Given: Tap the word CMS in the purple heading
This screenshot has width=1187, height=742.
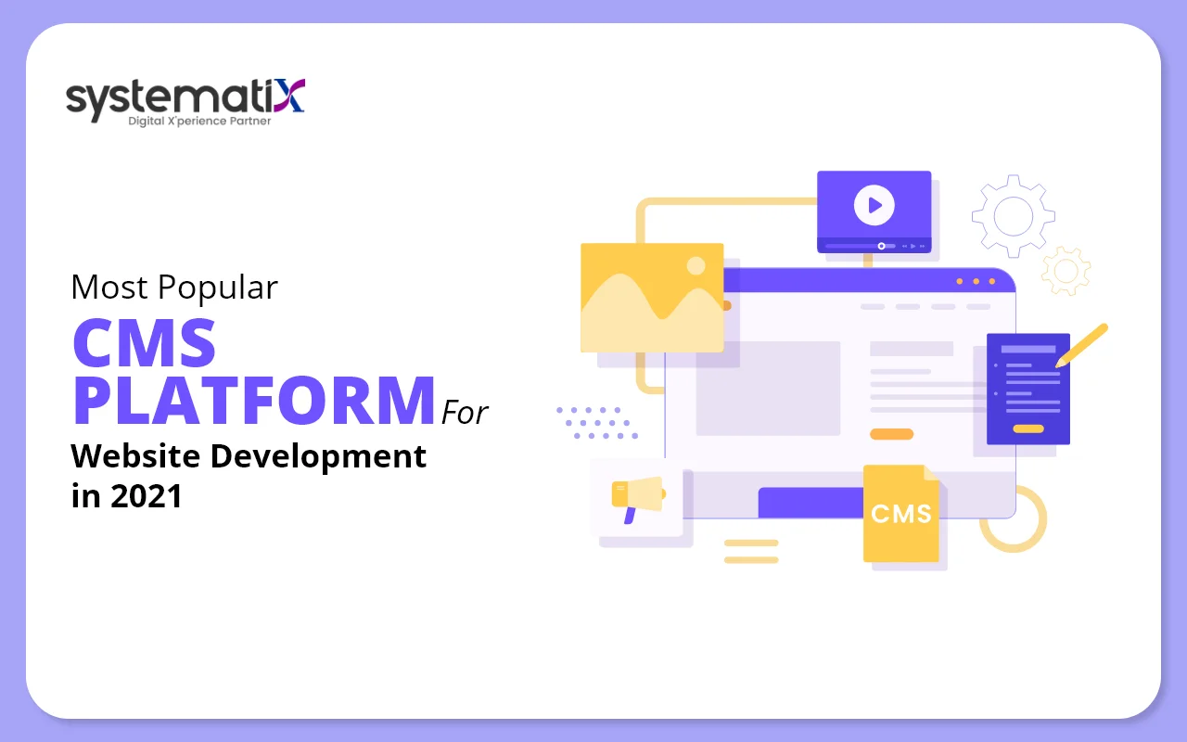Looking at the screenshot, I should point(145,341).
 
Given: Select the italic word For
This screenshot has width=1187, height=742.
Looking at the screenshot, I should point(465,412).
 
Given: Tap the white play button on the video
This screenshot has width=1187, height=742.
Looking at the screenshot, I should point(874,205).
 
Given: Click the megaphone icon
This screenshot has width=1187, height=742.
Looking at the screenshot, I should point(637,496).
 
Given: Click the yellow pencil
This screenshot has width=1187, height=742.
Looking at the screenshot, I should point(1082,344).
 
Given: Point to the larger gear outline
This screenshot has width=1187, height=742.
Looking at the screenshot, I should point(1013,216).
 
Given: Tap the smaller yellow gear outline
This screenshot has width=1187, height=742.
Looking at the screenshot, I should point(1066,270).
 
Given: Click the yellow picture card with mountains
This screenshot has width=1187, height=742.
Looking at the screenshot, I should point(651,297).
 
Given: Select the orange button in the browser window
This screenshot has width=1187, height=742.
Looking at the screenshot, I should point(891,434).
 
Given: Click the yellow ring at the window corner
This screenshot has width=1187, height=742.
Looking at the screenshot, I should point(1013,518).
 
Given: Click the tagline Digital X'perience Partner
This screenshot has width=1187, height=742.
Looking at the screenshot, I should point(199,121).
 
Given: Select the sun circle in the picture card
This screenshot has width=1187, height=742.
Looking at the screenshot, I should point(696,266).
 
